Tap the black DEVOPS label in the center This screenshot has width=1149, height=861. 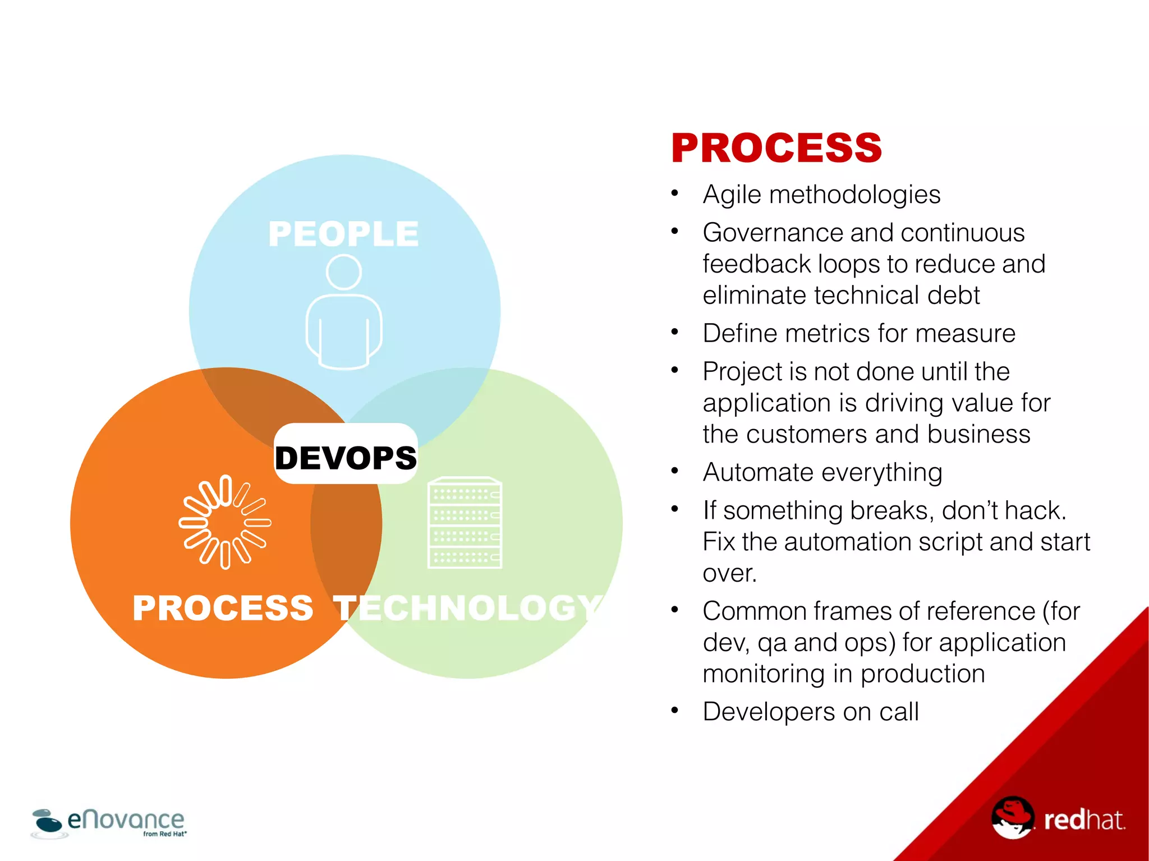346,457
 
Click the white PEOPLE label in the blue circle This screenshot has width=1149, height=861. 343,234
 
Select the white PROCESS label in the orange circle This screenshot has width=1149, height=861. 223,608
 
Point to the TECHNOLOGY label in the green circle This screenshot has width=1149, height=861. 468,608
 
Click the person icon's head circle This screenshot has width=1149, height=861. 343,273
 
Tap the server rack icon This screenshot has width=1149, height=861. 465,522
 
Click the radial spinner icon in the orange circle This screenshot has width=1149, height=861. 225,522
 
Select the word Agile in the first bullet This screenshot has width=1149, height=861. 732,195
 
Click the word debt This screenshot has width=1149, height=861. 953,296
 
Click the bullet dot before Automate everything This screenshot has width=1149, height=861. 675,470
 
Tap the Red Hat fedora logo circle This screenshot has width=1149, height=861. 1012,818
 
